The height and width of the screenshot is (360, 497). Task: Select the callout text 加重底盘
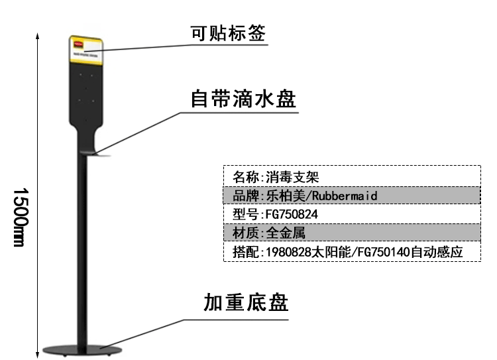246,304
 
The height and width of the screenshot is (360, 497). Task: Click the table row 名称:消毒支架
351,177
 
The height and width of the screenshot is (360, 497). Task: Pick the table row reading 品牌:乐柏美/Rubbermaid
351,196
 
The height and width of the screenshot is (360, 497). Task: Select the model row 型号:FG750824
351,215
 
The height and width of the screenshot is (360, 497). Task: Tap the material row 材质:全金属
351,233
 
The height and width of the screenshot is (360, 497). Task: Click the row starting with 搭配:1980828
351,252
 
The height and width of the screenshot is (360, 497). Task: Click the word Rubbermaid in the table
344,196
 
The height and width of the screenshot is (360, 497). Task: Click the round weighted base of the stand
80,348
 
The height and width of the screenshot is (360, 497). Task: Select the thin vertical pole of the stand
83,252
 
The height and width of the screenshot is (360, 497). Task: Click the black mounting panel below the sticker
83,93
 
